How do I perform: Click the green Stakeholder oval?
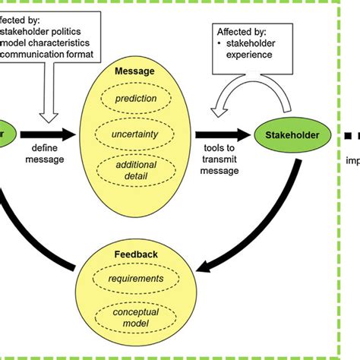point(293,136)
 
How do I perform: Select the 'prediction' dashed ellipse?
point(136,98)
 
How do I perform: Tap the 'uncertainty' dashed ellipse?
point(136,134)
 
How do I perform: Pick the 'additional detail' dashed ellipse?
point(136,171)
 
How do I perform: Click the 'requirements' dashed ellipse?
point(136,278)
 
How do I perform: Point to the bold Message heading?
point(135,71)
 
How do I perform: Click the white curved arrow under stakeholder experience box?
point(236,99)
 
